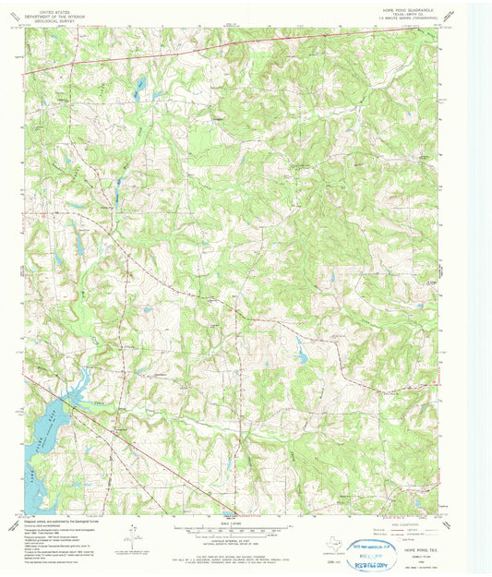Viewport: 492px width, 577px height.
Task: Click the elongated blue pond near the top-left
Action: [140, 85]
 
